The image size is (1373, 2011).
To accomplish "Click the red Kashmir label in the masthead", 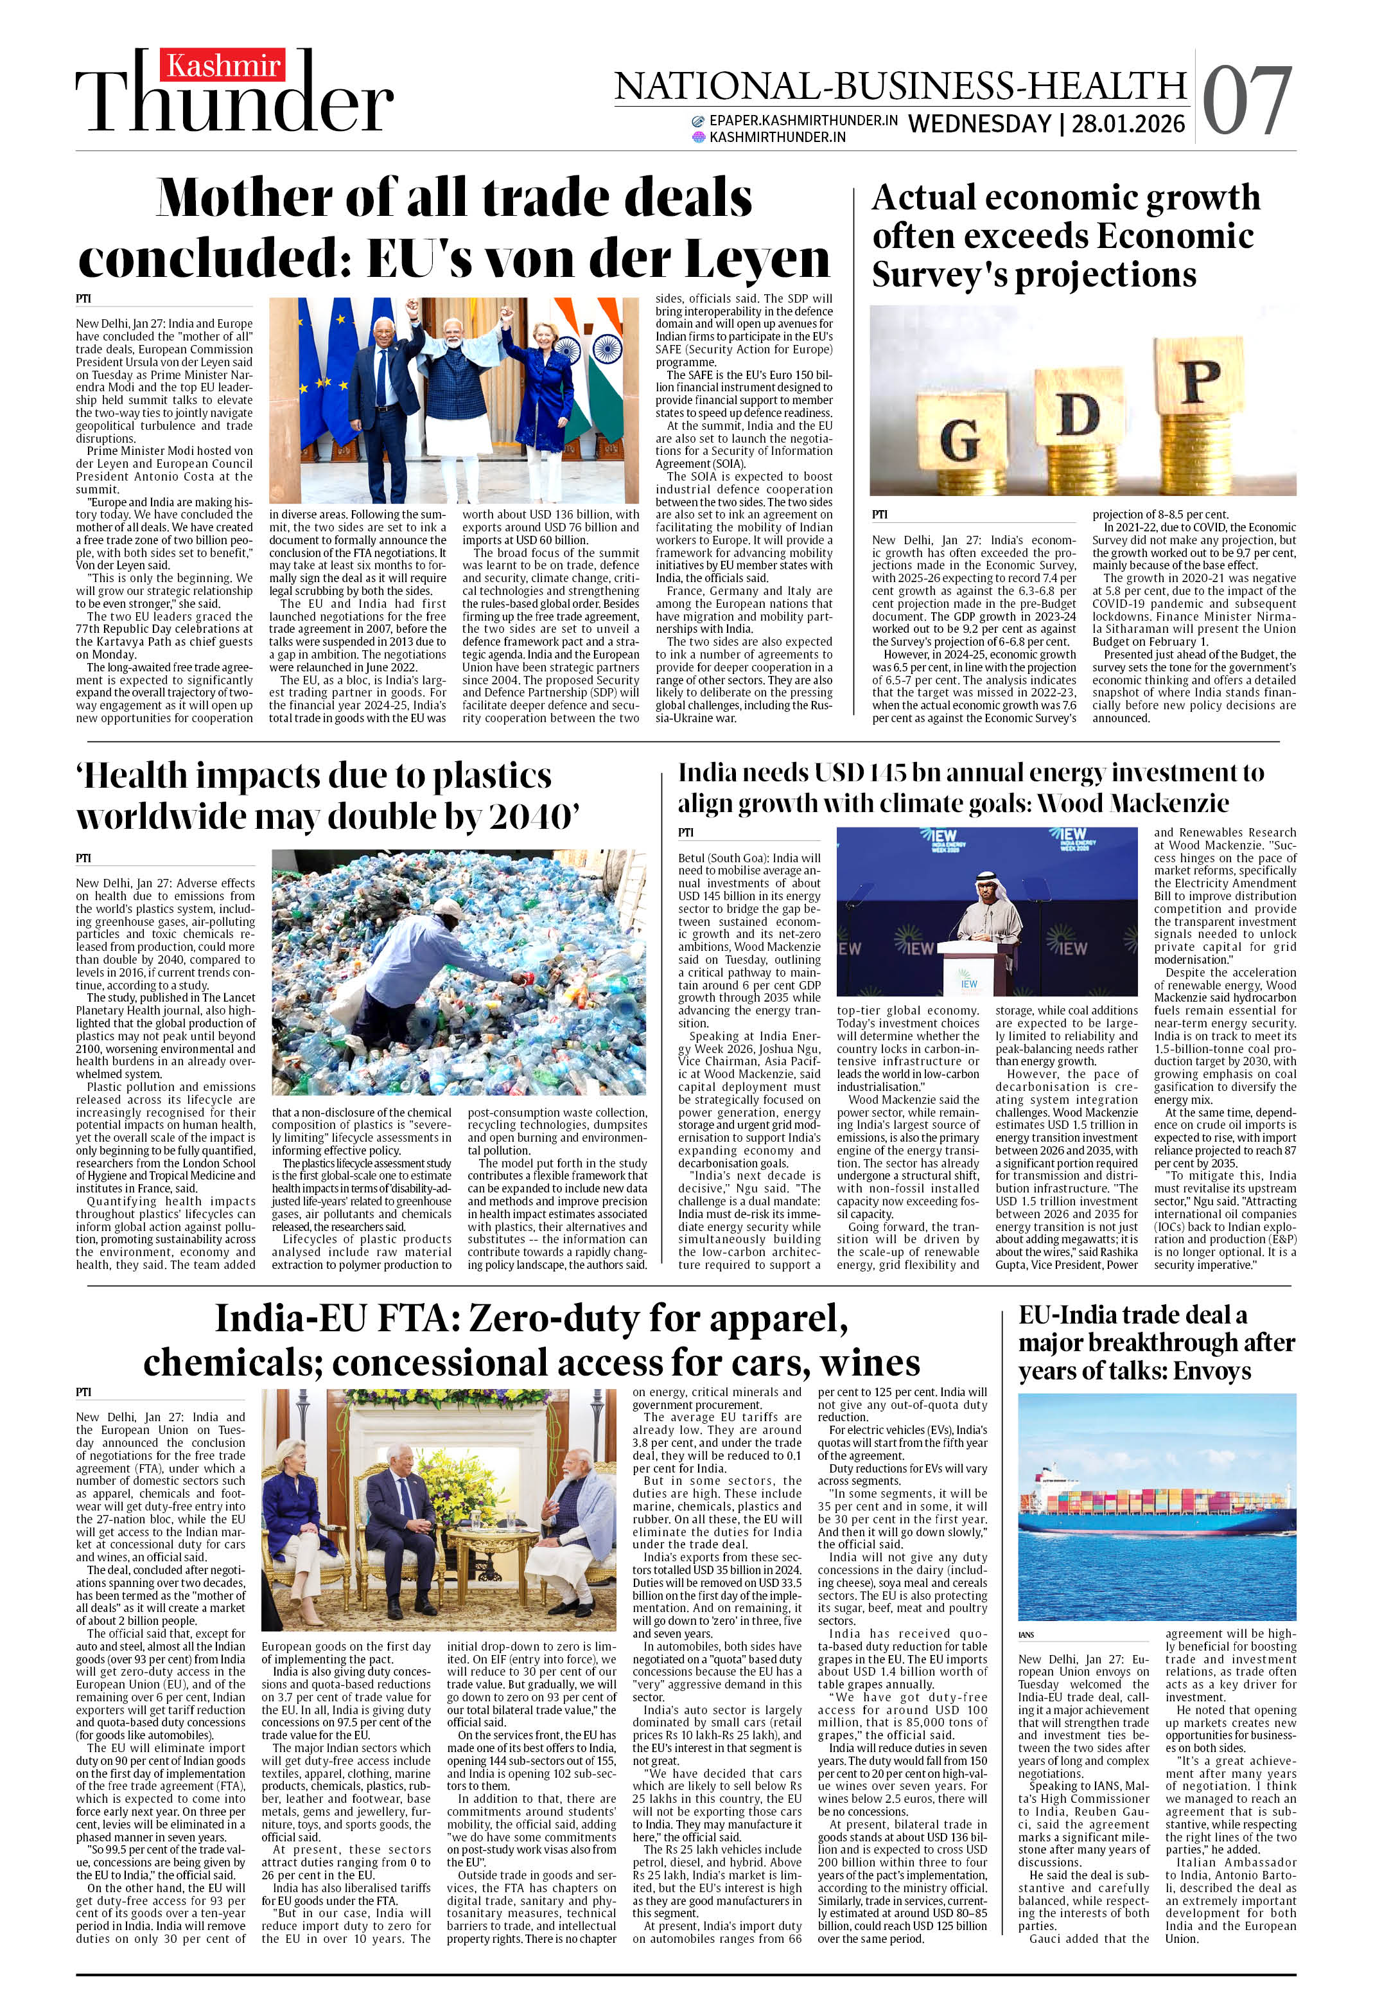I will [224, 66].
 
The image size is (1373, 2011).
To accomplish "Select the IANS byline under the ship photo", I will [1027, 1634].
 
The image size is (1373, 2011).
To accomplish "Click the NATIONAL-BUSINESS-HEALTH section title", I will [900, 85].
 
